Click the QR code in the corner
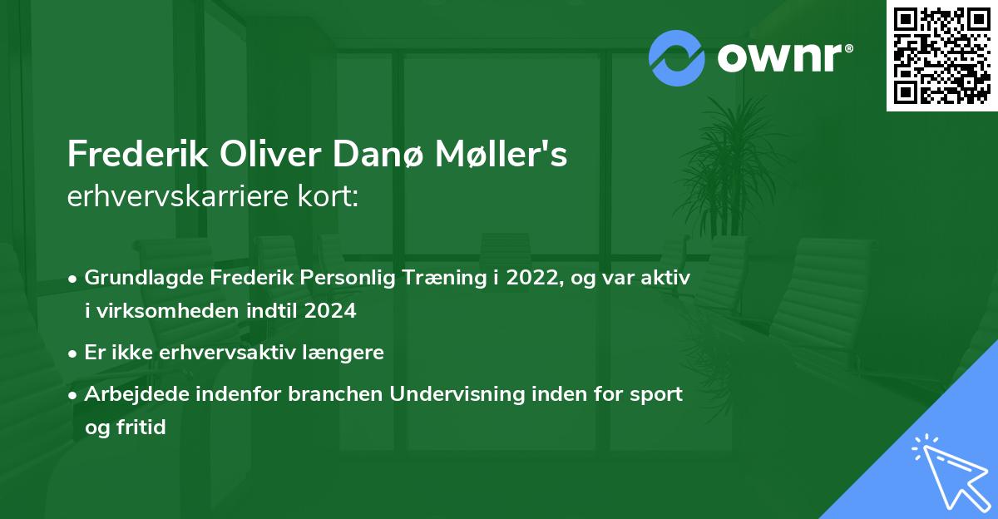coord(941,56)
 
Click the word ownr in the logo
coord(783,57)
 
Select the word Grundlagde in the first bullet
coord(138,279)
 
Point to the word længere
coord(348,352)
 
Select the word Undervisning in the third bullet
coord(456,393)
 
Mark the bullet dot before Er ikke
coord(74,353)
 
